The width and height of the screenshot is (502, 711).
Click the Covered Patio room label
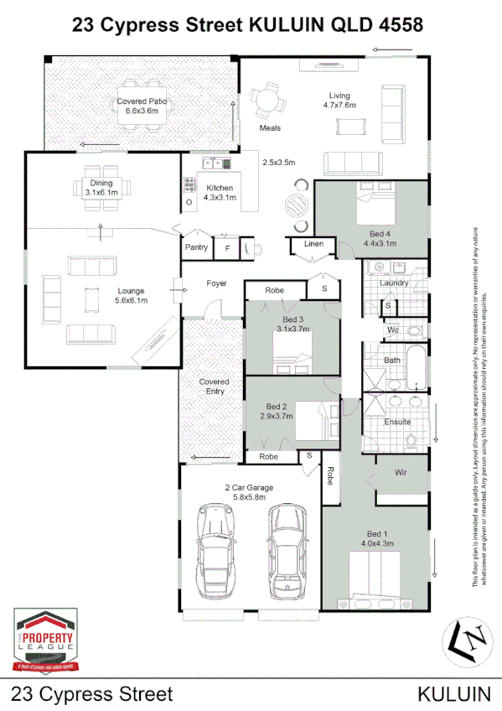[x=142, y=106]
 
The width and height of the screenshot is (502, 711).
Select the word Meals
[x=270, y=128]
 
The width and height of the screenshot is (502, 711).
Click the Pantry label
[x=196, y=247]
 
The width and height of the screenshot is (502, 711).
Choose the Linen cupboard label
[x=313, y=244]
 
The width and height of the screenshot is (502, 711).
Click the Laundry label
[x=394, y=283]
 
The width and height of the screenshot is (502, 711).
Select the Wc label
[x=392, y=330]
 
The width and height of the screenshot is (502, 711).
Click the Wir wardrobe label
[x=401, y=473]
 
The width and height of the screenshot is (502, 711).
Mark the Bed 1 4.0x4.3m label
[x=377, y=539]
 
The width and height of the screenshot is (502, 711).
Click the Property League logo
[x=47, y=641]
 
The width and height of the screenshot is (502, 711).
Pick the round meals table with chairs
[x=269, y=101]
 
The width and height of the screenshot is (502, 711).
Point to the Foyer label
[x=218, y=284]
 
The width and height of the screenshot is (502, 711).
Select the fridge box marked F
[x=226, y=248]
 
